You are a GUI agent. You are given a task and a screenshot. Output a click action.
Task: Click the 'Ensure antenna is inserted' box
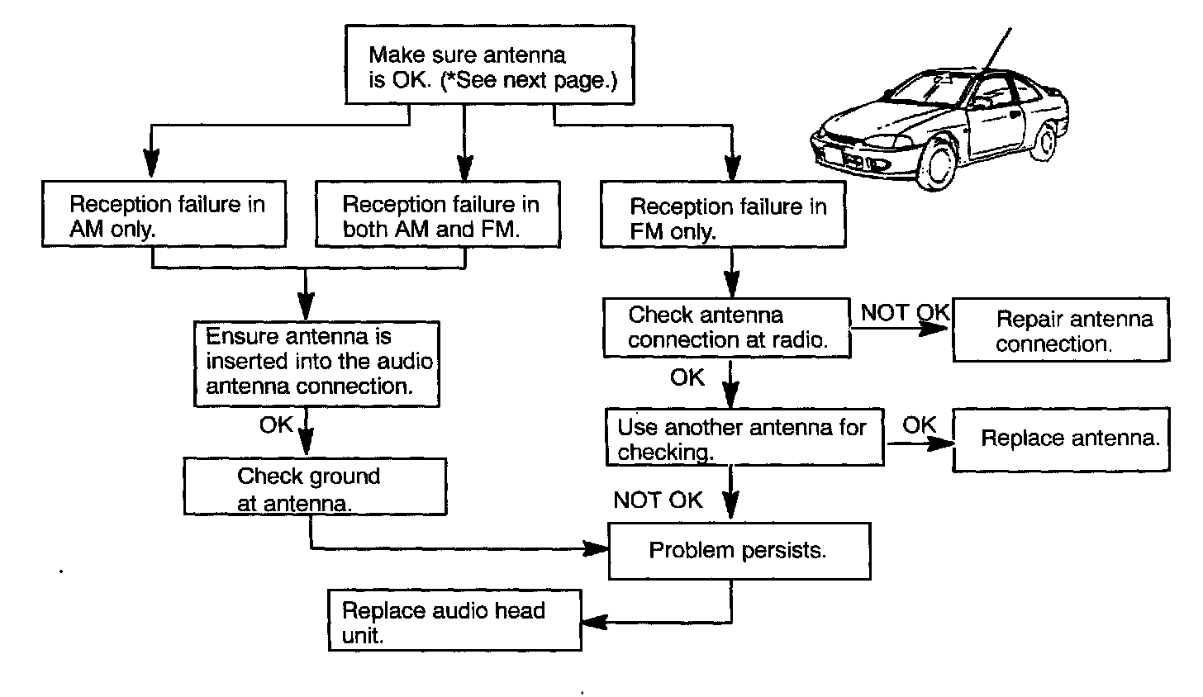click(316, 363)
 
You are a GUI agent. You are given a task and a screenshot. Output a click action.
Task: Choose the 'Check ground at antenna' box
click(315, 487)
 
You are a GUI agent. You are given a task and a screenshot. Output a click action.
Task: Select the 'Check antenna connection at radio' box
click(726, 328)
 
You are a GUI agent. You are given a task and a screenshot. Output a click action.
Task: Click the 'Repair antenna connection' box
click(1061, 330)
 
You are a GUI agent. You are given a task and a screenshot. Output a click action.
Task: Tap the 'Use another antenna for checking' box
click(744, 439)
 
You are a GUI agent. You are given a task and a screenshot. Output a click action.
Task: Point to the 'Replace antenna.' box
click(1061, 439)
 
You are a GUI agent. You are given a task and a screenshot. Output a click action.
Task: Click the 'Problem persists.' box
click(739, 550)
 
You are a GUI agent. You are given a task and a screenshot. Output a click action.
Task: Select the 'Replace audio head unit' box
click(455, 620)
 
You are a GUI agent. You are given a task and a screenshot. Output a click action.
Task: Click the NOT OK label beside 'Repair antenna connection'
click(906, 313)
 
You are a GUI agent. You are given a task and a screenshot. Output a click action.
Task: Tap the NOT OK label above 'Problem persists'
click(658, 500)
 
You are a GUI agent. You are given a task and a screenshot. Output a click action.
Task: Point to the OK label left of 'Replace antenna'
click(919, 425)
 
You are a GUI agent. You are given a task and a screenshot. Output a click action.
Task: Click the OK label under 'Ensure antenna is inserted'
click(276, 424)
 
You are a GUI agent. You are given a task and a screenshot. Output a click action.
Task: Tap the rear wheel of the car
click(1047, 141)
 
